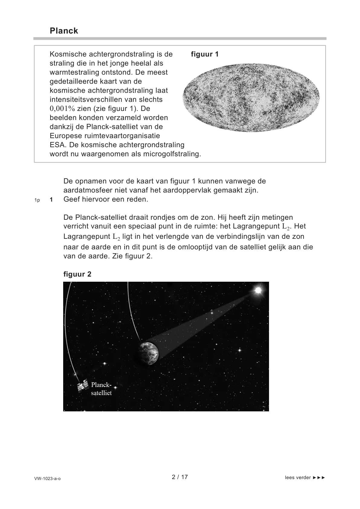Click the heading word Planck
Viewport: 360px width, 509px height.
64,31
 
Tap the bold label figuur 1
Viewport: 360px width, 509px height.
205,54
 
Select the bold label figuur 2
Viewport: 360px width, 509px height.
77,274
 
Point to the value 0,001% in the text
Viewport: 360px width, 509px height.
62,109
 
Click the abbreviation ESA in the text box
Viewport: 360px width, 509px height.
56,145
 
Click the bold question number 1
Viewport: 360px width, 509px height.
51,200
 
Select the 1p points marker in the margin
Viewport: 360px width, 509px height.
37,200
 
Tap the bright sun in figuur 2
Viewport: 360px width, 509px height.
258,290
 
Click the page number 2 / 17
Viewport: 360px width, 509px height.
180,477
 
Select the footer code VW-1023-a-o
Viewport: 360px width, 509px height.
47,478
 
